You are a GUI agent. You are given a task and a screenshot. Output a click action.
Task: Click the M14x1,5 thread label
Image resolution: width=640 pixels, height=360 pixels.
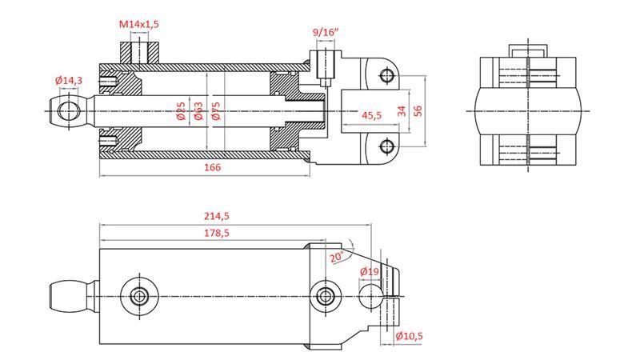coord(139,25)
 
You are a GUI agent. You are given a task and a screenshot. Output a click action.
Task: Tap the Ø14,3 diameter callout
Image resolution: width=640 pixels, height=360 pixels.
coord(70,81)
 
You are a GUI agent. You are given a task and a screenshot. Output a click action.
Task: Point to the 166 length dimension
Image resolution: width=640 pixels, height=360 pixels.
coord(211,167)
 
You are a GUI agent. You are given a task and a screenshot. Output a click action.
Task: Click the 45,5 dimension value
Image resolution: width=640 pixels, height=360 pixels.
coord(372,116)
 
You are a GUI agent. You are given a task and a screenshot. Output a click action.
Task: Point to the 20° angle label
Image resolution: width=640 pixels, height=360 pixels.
coord(337,258)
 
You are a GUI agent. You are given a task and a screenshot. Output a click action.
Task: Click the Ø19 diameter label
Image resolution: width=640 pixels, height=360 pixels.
coord(369,272)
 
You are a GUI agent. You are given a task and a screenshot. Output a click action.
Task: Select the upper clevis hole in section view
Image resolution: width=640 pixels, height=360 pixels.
coord(388,76)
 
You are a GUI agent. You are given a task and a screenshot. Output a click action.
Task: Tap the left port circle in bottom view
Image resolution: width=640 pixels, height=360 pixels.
coord(140,296)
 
